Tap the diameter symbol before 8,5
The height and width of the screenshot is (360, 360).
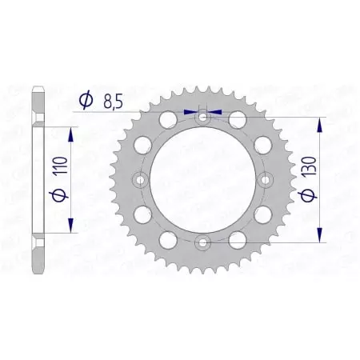(x=84, y=101)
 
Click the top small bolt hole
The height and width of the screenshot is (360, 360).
(x=202, y=117)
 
